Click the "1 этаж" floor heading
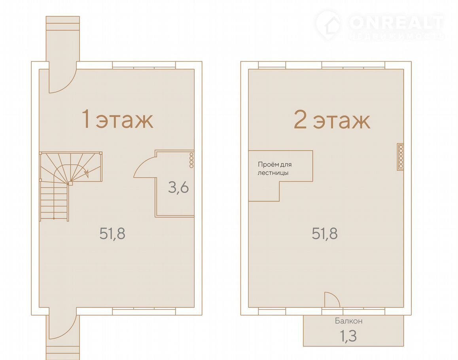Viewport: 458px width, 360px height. (117, 119)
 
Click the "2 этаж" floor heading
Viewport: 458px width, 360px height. (332, 119)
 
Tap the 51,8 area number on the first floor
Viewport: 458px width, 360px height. (112, 233)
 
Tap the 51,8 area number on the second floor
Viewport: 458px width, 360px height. (325, 233)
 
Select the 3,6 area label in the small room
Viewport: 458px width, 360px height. (178, 187)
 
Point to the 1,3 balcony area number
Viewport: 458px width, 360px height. (348, 336)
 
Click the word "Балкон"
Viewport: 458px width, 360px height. (349, 321)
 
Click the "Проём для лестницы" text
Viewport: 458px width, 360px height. (274, 169)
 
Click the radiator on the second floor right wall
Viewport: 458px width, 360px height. (400, 157)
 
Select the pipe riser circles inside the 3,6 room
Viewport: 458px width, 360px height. (191, 160)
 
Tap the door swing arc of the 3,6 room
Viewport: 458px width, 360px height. (143, 165)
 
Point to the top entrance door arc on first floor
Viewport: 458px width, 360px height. (66, 85)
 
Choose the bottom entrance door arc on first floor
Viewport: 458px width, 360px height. (66, 331)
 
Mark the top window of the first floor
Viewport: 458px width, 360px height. (144, 65)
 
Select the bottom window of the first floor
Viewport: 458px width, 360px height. (144, 311)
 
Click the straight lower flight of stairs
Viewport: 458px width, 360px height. (54, 202)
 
